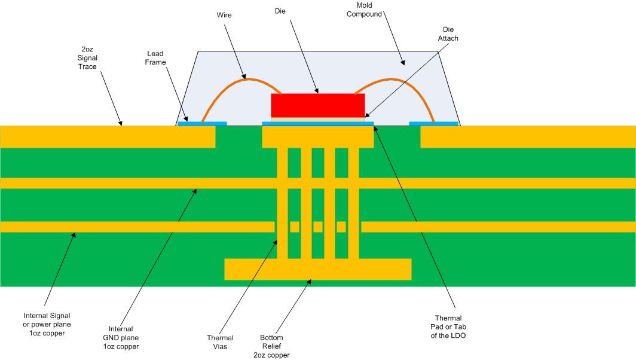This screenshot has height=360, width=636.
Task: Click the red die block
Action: tap(317, 105)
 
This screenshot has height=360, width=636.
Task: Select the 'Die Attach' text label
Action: tap(448, 33)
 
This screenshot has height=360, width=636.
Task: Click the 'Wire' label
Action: tap(224, 16)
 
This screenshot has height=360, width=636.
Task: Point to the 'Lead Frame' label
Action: tap(156, 57)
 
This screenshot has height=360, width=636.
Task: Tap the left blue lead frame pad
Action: tap(202, 123)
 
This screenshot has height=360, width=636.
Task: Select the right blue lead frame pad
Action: tap(433, 123)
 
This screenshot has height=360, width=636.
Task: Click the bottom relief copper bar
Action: tap(317, 269)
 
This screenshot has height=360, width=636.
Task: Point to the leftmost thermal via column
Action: tap(282, 203)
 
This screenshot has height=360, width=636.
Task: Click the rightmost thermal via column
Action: tap(353, 203)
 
